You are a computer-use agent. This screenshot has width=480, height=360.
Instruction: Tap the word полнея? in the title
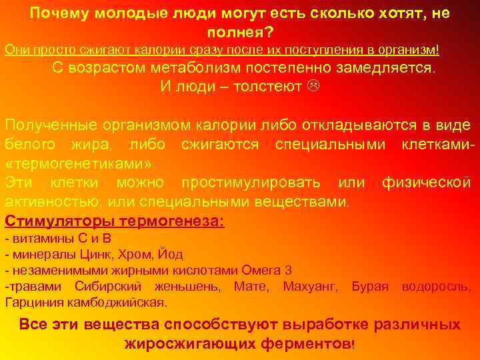coord(239,32)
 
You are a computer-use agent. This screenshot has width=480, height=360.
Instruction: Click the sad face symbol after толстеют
coord(313,87)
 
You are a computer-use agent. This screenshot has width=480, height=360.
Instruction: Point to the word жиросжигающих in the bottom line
coord(195,343)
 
